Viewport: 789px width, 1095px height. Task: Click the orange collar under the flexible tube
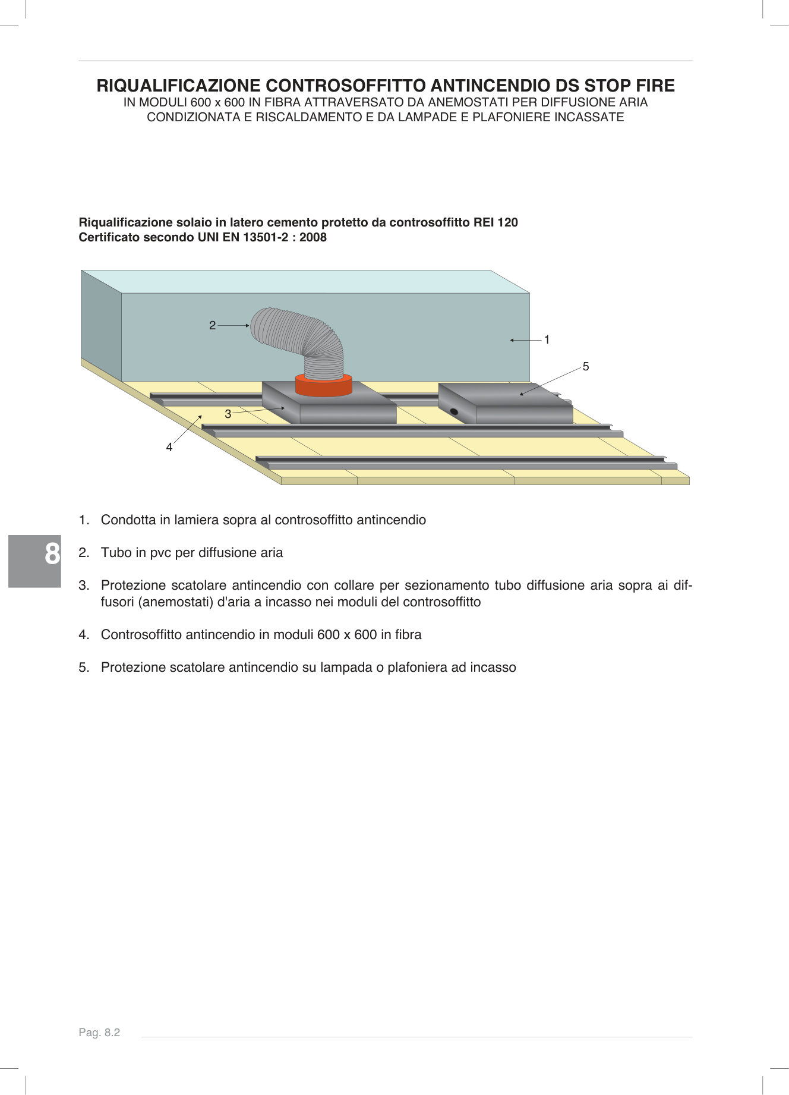[x=324, y=387]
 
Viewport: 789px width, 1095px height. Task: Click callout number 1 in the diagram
[x=547, y=340]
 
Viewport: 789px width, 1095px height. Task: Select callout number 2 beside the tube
[x=212, y=325]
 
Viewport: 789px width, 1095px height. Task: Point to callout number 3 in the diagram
[x=228, y=414]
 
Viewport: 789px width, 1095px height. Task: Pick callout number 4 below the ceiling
[x=169, y=448]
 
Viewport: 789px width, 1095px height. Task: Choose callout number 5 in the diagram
[x=586, y=367]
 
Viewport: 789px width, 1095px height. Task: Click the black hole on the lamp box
[x=454, y=411]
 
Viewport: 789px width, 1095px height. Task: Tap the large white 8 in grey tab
[x=52, y=554]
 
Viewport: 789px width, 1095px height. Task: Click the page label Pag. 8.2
[x=99, y=1033]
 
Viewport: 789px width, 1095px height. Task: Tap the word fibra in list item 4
[x=406, y=635]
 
